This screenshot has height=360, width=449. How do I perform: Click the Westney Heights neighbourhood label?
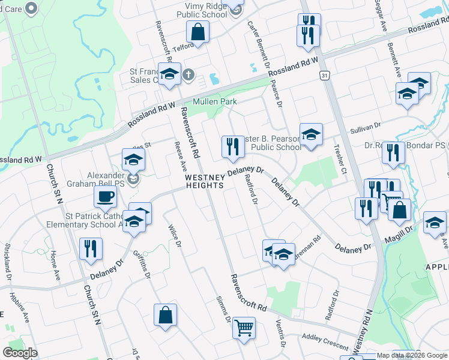click(x=204, y=181)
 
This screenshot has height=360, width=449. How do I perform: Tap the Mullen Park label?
click(x=214, y=102)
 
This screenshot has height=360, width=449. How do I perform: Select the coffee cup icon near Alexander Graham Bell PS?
click(x=105, y=196)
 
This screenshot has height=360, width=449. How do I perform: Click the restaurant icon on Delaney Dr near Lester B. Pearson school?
click(x=232, y=146)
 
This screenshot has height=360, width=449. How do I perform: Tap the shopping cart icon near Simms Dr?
click(x=244, y=328)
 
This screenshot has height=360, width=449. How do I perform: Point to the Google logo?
click(x=20, y=353)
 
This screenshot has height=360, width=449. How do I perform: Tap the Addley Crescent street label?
click(x=325, y=342)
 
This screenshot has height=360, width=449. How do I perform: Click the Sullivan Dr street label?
click(x=366, y=127)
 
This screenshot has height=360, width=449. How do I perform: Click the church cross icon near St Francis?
click(x=188, y=75)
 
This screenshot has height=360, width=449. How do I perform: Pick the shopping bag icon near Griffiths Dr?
click(x=165, y=314)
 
